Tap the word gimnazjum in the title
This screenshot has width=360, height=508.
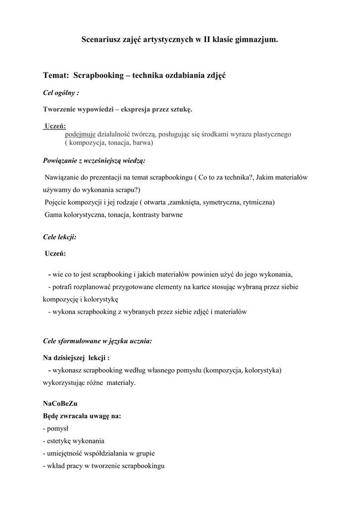tap(257, 39)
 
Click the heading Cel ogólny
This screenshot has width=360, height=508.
tap(61, 93)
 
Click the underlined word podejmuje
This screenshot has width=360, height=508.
tap(80, 134)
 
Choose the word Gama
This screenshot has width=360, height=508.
tap(54, 215)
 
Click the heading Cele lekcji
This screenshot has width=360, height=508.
tap(60, 237)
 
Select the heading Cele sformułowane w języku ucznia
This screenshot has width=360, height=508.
tap(98, 341)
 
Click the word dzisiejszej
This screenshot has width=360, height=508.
tap(69, 357)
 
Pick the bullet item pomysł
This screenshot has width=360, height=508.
tap(57, 428)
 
